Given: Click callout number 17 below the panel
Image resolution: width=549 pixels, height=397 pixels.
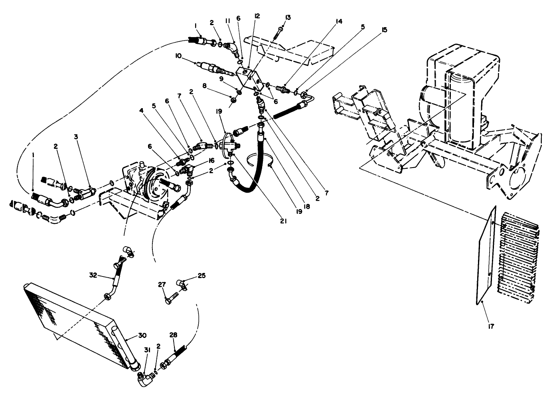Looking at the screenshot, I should click(x=491, y=326).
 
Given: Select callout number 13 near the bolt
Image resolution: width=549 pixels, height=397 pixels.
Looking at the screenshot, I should click(x=288, y=17).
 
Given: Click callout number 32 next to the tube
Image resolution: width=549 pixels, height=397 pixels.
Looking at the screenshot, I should click(x=93, y=275).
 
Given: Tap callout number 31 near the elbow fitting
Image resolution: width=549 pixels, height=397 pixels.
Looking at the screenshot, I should click(x=147, y=350).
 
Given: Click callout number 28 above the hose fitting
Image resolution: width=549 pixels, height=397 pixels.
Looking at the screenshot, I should click(x=173, y=335).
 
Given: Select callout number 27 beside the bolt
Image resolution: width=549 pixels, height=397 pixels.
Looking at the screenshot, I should click(x=162, y=284).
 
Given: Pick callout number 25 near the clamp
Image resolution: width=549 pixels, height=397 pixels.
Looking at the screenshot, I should click(x=201, y=275).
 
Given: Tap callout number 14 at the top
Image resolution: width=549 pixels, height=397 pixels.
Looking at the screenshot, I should click(x=339, y=22).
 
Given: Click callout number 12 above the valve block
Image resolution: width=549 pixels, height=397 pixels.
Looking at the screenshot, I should click(x=257, y=16).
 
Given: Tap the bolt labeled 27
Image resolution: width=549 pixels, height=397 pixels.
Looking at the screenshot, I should click(x=174, y=299).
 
